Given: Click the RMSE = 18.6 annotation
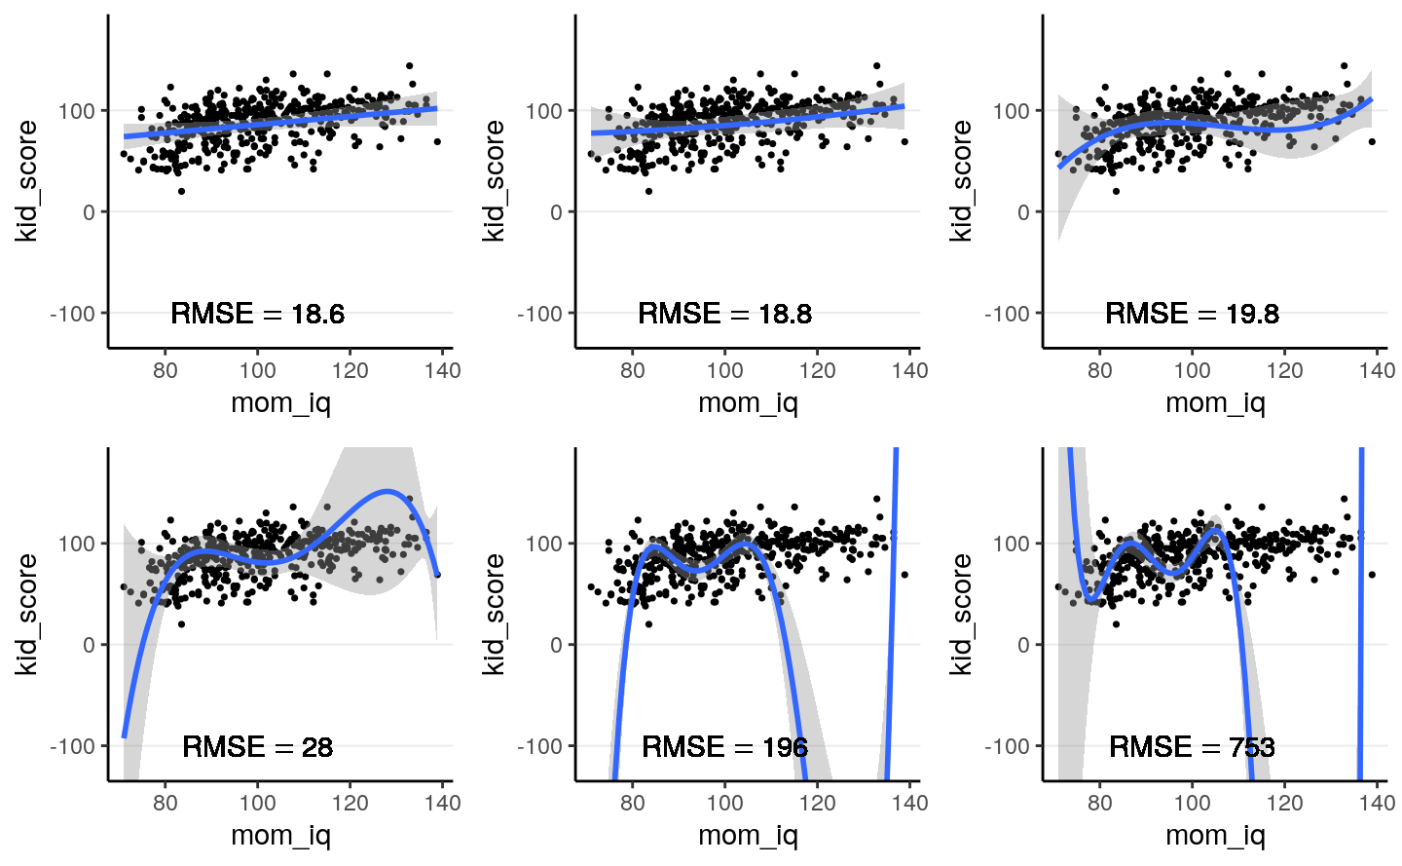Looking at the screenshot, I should [x=257, y=314].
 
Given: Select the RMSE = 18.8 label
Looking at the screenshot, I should [x=724, y=314].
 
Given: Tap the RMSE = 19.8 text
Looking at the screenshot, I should [x=1192, y=314].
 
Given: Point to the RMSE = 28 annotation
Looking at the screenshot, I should [x=257, y=747].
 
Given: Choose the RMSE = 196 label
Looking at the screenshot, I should [x=724, y=747].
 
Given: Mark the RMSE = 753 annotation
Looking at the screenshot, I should [x=1192, y=747].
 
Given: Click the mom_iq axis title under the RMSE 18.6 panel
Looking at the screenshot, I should [x=280, y=402].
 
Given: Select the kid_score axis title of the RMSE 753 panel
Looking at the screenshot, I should [x=961, y=614].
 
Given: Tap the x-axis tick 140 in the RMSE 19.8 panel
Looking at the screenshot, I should [x=1377, y=370].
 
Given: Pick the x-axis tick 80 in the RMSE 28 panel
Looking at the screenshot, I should [x=166, y=803].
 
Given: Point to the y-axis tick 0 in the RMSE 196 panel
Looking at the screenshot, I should [x=556, y=645].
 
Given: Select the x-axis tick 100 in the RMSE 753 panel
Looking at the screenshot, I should [x=1192, y=803].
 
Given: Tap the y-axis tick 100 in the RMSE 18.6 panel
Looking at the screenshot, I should [x=77, y=111].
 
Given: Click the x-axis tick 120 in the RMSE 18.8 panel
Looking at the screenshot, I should [x=817, y=370].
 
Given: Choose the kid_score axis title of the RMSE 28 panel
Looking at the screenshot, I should [x=26, y=614].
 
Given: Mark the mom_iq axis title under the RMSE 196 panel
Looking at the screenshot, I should [x=748, y=835].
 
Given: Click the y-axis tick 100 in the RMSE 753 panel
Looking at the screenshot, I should [x=1012, y=544].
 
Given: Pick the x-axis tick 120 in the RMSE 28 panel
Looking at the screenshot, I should [x=350, y=803].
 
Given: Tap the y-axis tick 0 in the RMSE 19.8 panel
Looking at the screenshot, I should [x=1023, y=212].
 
